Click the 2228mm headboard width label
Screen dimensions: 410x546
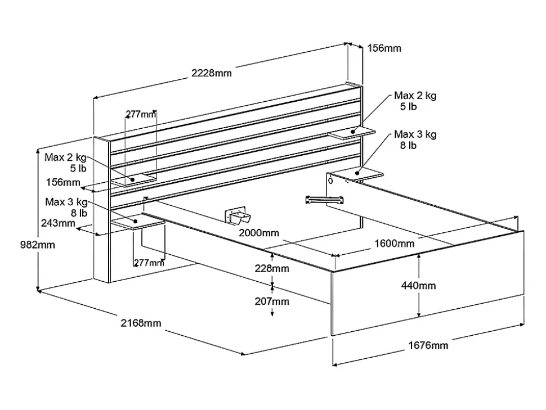point(211,73)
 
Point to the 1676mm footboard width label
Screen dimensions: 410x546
point(428,345)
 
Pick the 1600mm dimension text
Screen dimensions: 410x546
point(394,244)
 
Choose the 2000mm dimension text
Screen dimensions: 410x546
point(258,233)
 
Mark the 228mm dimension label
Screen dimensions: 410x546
point(272,268)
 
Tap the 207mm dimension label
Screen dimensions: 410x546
point(272,301)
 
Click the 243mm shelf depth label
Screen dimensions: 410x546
point(58,223)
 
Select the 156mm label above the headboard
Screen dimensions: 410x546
point(384,48)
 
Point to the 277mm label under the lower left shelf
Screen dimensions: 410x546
point(149,262)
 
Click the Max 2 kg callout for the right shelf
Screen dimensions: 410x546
point(415,100)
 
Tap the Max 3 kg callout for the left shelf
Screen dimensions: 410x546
point(66,207)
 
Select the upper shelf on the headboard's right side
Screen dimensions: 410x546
point(352,133)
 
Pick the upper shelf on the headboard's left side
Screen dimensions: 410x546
point(133,180)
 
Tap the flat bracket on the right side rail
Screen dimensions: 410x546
point(324,199)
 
